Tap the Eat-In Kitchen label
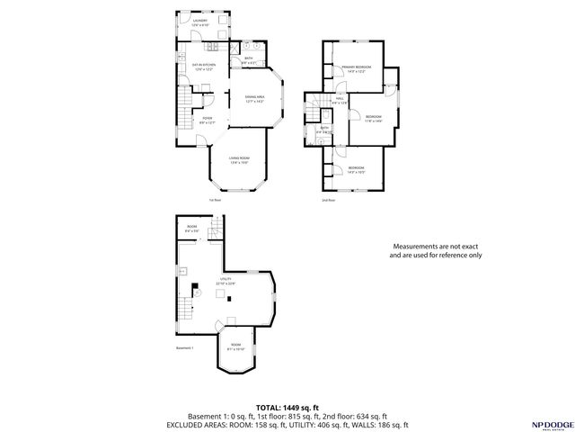pos(204,66)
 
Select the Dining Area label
pos(254,98)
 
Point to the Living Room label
pos(238,159)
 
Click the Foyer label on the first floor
pos(207,120)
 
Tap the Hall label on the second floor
pos(340,99)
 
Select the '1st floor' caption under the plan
pos(214,200)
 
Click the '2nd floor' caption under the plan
pos(328,200)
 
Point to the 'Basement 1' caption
pos(185,348)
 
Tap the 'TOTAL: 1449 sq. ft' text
pos(287,407)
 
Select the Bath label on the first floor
pos(249,60)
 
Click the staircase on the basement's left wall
pos(185,311)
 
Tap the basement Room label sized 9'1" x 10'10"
pos(235,346)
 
